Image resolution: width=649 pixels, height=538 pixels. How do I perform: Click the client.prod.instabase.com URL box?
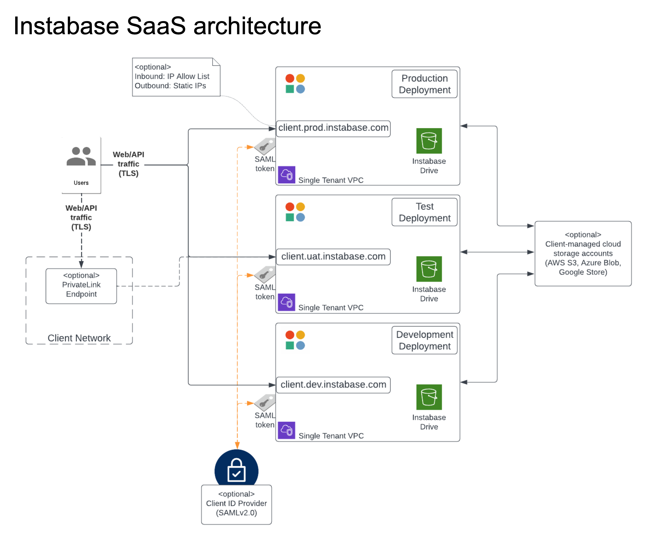pyautogui.click(x=333, y=128)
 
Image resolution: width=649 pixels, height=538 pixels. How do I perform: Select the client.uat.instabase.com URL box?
pyautogui.click(x=333, y=256)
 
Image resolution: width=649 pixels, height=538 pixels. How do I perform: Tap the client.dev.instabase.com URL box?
pyautogui.click(x=333, y=385)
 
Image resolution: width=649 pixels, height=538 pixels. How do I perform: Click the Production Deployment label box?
pyautogui.click(x=424, y=84)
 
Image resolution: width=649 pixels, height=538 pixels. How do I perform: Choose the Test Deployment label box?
pyautogui.click(x=424, y=212)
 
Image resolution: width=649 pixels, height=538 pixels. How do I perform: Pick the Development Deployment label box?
pyautogui.click(x=424, y=340)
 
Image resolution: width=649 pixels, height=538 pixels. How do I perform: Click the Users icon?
pyautogui.click(x=81, y=157)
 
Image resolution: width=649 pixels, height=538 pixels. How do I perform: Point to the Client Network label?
pyautogui.click(x=79, y=338)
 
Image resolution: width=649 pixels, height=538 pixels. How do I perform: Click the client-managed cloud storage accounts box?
pyautogui.click(x=583, y=253)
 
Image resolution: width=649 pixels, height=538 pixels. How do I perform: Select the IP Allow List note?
pyautogui.click(x=176, y=77)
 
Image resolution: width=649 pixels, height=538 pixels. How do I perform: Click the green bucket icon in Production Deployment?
pyautogui.click(x=429, y=141)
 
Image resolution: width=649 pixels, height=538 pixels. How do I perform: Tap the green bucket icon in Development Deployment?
pyautogui.click(x=429, y=397)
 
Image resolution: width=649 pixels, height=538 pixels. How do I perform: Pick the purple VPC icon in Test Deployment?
pyautogui.click(x=287, y=302)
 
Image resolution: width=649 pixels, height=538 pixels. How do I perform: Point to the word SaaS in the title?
pyautogui.click(x=156, y=26)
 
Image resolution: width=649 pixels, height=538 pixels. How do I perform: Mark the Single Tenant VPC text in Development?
pyautogui.click(x=331, y=436)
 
